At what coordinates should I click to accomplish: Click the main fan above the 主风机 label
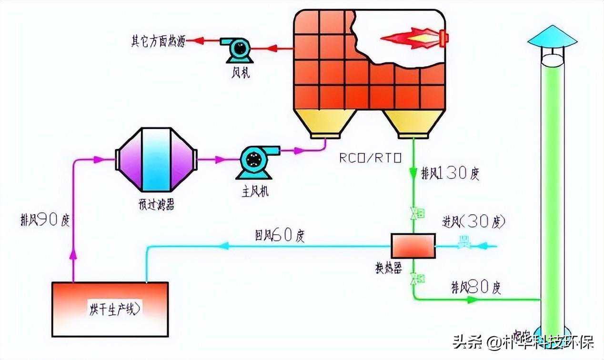click(x=252, y=162)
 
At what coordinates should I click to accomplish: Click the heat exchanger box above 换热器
click(x=413, y=246)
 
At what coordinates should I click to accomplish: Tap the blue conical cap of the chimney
click(x=552, y=36)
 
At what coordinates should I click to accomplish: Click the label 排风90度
click(x=45, y=220)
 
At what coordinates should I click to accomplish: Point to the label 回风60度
click(x=280, y=235)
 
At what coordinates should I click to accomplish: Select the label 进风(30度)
click(x=473, y=221)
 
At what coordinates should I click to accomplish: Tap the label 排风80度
click(x=476, y=287)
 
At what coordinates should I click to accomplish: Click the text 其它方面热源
click(x=158, y=41)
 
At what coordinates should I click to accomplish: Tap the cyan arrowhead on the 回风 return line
click(x=224, y=246)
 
